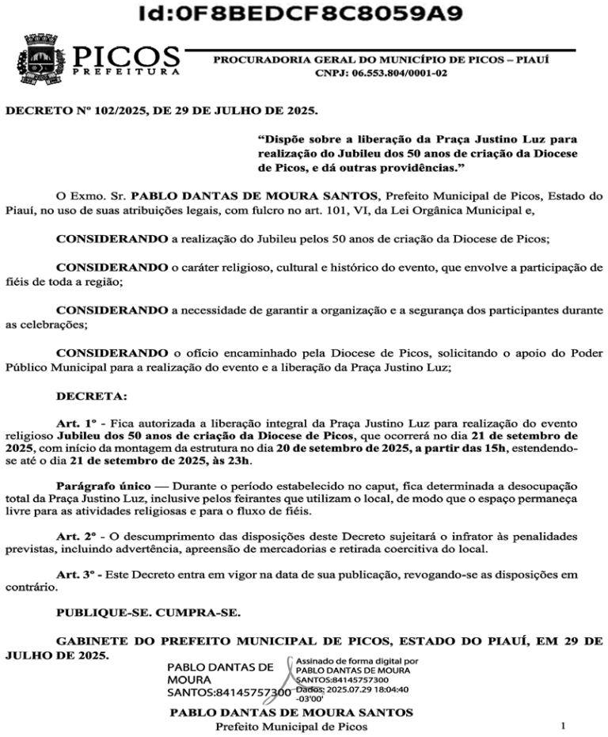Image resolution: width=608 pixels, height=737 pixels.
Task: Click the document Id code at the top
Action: tap(301, 15)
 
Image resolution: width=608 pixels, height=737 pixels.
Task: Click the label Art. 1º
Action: tap(79, 424)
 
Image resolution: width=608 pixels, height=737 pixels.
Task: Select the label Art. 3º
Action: tap(79, 574)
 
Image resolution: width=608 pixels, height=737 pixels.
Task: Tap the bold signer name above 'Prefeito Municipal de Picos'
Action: tap(291, 712)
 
